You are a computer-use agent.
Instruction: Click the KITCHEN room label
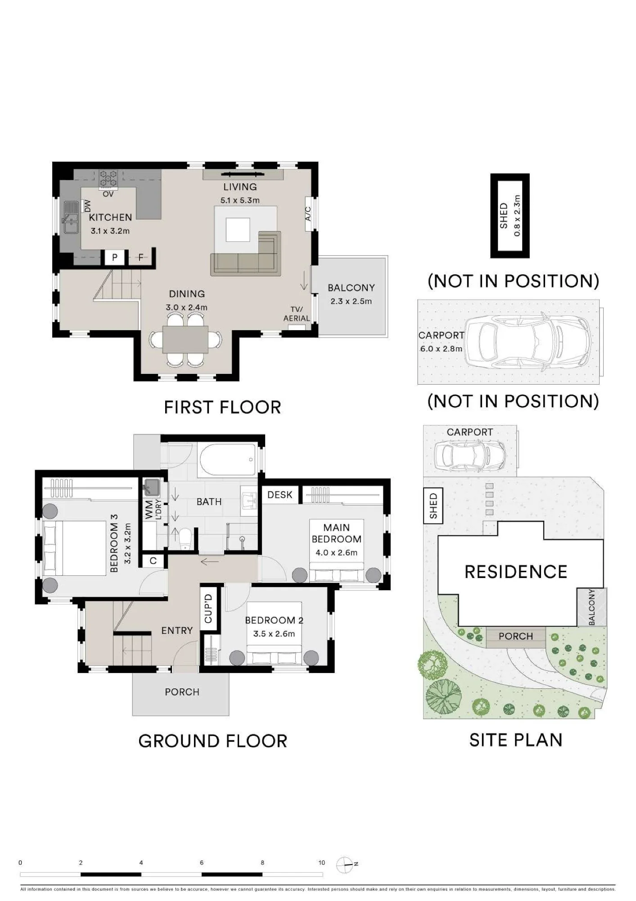(110, 217)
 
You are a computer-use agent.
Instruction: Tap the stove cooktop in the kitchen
(108, 179)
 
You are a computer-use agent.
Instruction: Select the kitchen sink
(70, 217)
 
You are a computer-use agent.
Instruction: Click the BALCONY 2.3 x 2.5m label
(351, 294)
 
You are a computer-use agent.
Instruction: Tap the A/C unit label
(308, 214)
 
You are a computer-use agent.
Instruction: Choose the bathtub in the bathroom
(228, 460)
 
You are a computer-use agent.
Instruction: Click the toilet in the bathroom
(185, 539)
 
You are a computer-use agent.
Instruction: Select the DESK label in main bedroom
(280, 495)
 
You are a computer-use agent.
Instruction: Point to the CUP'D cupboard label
(208, 609)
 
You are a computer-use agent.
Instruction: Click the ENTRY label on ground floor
(177, 631)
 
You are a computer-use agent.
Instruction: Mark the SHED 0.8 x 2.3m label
(510, 216)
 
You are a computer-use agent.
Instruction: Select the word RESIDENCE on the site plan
(516, 572)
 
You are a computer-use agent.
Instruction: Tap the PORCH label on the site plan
(516, 636)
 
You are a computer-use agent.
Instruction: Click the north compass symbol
(345, 865)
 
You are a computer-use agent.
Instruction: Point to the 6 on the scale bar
(202, 863)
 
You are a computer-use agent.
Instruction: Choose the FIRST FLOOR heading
(222, 407)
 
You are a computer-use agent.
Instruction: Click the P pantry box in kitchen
(115, 257)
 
